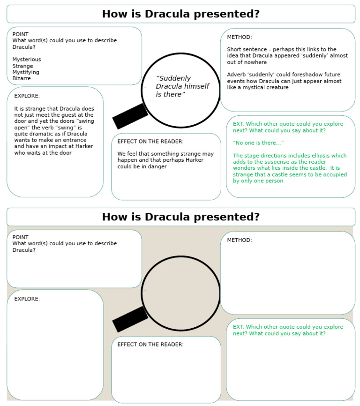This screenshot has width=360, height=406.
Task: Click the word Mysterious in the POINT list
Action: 27,60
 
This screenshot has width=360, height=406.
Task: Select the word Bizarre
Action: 22,79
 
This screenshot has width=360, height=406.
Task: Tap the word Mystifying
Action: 26,72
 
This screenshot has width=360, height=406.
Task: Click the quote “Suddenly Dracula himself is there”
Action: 182,87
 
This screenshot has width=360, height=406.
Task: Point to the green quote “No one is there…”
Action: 258,143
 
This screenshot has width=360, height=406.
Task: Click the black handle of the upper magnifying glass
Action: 130,116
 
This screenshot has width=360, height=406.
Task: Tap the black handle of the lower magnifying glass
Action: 130,319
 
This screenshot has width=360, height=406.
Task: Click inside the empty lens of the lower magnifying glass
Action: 181,293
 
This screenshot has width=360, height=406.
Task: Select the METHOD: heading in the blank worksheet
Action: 240,240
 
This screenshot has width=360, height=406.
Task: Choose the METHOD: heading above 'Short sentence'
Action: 240,37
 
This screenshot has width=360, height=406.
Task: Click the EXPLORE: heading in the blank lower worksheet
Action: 27,299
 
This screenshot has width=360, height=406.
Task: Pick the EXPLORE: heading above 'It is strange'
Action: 27,96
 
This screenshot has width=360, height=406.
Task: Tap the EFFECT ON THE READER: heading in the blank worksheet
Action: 150,345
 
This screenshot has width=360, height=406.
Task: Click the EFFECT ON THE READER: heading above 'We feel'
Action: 150,142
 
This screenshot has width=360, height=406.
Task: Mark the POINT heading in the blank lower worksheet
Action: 21,237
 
